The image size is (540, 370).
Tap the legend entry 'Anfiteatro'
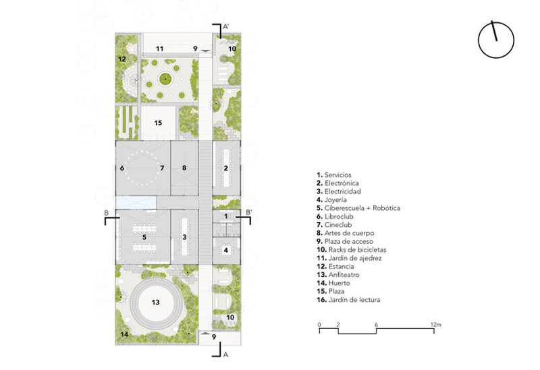coord(338,275)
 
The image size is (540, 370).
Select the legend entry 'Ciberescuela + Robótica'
coord(358,208)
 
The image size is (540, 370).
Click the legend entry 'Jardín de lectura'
coord(348,300)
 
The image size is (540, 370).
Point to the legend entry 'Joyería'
coord(331,200)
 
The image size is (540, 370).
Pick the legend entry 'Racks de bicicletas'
coord(352,250)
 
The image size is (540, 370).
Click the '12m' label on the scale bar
coord(435,325)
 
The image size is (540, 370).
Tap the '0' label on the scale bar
coord(319,325)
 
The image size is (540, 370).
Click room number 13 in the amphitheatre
coord(156,302)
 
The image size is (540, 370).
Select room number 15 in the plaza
coord(158,123)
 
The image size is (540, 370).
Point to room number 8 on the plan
coord(184,168)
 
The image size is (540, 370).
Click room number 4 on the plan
coord(226,250)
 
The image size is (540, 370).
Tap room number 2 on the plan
coord(226,168)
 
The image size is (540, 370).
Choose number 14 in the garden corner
coord(124,334)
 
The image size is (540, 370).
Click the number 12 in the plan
coord(122,59)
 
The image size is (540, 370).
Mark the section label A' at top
coord(226,26)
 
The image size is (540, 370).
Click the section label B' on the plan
coord(248,212)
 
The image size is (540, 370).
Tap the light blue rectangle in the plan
coord(136,203)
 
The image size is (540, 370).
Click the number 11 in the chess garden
coord(159,49)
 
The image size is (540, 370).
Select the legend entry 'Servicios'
coord(334,175)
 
